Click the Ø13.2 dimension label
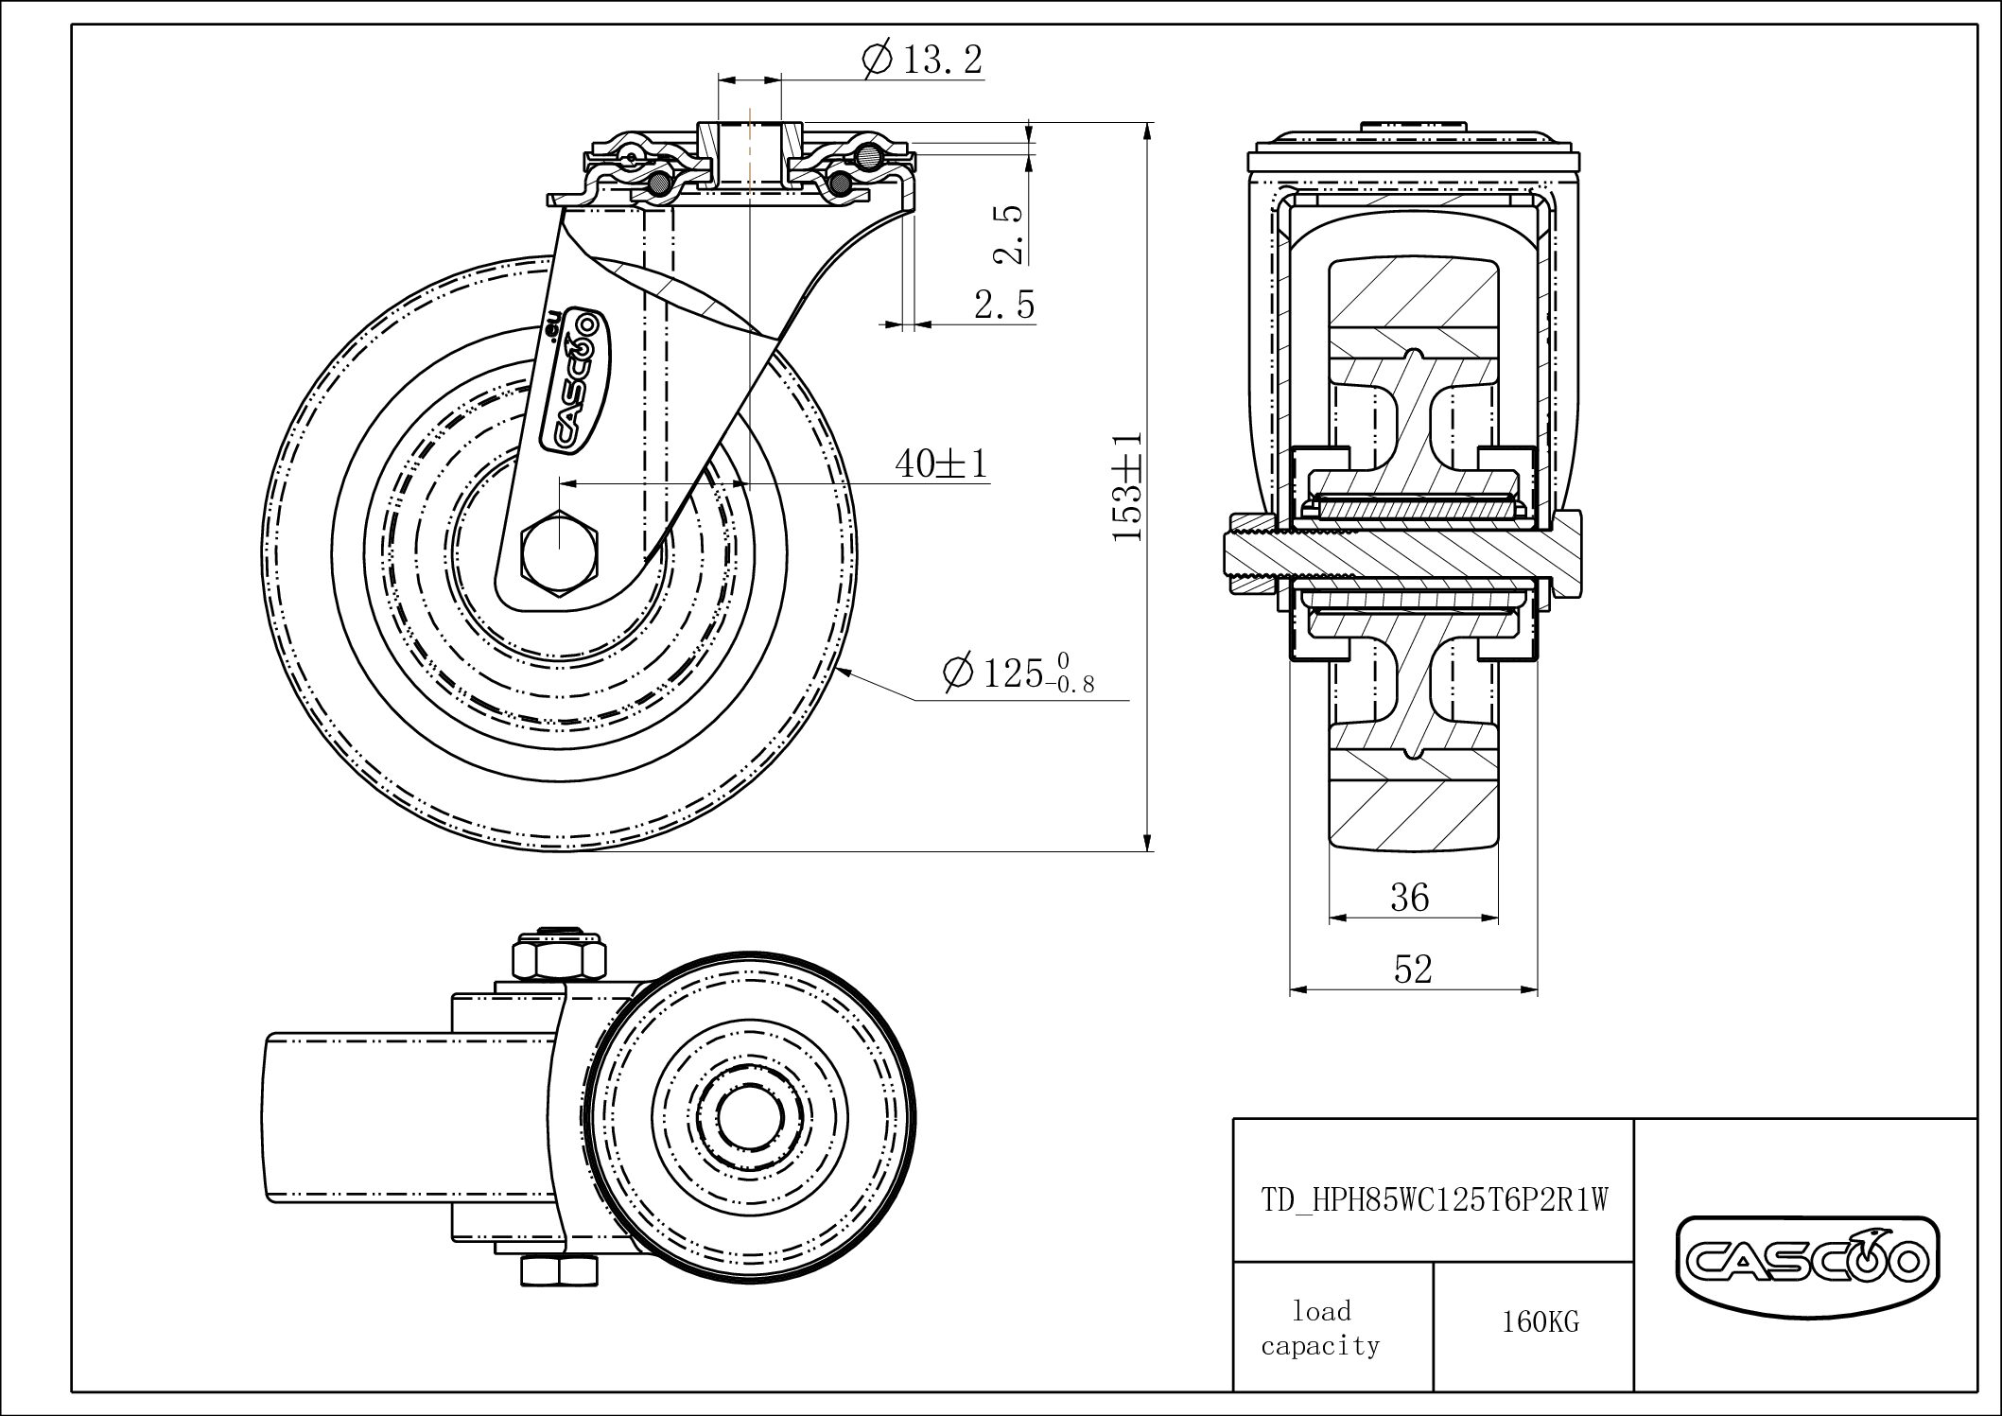(x=923, y=60)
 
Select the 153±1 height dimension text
(x=1127, y=487)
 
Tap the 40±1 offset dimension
(x=941, y=463)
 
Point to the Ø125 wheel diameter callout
(x=1017, y=673)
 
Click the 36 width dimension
(x=1409, y=897)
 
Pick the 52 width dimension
(x=1412, y=969)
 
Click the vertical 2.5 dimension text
(x=1008, y=234)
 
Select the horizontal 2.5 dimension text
(x=1004, y=305)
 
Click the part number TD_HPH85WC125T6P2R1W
(x=1434, y=1200)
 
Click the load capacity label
(x=1320, y=1328)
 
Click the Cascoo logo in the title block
(x=1807, y=1260)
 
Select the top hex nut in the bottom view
(x=558, y=958)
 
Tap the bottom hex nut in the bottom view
(x=558, y=1270)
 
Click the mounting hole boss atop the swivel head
(x=749, y=151)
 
